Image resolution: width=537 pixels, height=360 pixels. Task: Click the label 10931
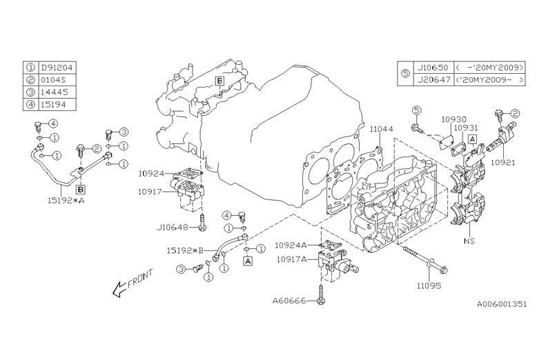click(456, 128)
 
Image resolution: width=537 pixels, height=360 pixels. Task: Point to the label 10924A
click(290, 245)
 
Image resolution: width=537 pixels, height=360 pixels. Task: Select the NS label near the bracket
click(469, 242)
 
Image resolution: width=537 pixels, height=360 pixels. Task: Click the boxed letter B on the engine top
click(219, 81)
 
